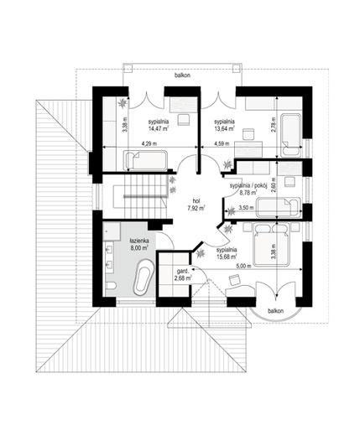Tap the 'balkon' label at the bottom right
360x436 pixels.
274,310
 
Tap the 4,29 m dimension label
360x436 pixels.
149,145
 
